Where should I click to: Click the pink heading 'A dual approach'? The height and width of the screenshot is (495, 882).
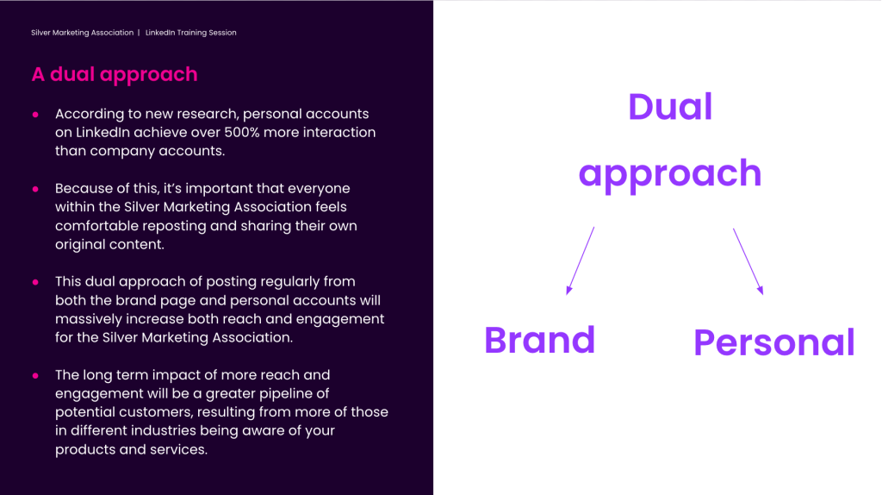[x=115, y=75]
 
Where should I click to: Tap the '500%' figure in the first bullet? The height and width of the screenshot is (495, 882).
[x=242, y=132]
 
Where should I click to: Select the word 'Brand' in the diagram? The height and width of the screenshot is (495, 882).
[x=540, y=340]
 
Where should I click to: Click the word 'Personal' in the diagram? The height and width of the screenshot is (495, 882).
[x=774, y=343]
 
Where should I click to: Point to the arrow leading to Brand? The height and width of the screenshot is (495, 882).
[x=580, y=260]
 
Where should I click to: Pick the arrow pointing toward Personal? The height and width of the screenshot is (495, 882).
[x=748, y=261]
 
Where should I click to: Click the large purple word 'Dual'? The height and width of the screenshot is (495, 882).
[x=670, y=107]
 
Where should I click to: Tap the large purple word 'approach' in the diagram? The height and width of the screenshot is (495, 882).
[x=670, y=174]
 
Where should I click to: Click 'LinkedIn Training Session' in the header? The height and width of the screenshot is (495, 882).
[x=190, y=33]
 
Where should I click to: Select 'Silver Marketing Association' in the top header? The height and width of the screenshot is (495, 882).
[x=82, y=33]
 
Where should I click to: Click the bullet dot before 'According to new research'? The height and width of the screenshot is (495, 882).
[x=35, y=115]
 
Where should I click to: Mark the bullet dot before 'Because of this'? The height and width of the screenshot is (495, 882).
[x=35, y=189]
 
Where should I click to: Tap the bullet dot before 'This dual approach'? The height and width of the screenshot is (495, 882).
[x=35, y=282]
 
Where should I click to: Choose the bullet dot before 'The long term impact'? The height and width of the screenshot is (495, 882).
[x=35, y=376]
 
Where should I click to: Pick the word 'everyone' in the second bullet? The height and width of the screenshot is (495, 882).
[x=320, y=189]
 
